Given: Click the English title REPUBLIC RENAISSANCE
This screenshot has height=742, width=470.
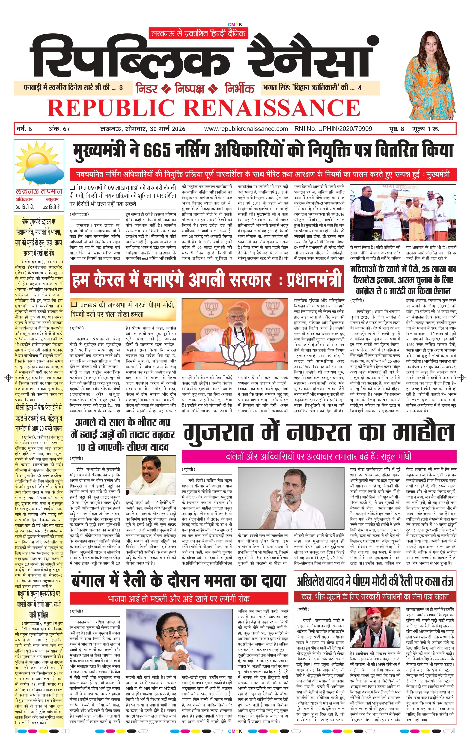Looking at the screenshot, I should (203, 108).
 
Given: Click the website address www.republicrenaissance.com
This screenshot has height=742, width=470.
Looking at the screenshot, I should (246, 129).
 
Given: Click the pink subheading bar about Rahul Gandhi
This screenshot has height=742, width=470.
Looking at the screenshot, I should (319, 456).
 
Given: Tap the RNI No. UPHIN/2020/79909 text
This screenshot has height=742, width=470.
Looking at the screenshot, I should (333, 129).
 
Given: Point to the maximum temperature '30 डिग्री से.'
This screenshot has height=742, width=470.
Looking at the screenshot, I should (25, 207).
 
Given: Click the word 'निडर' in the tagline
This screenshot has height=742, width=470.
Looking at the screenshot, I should (147, 89).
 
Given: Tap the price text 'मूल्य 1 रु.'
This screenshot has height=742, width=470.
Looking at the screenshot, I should (426, 129).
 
